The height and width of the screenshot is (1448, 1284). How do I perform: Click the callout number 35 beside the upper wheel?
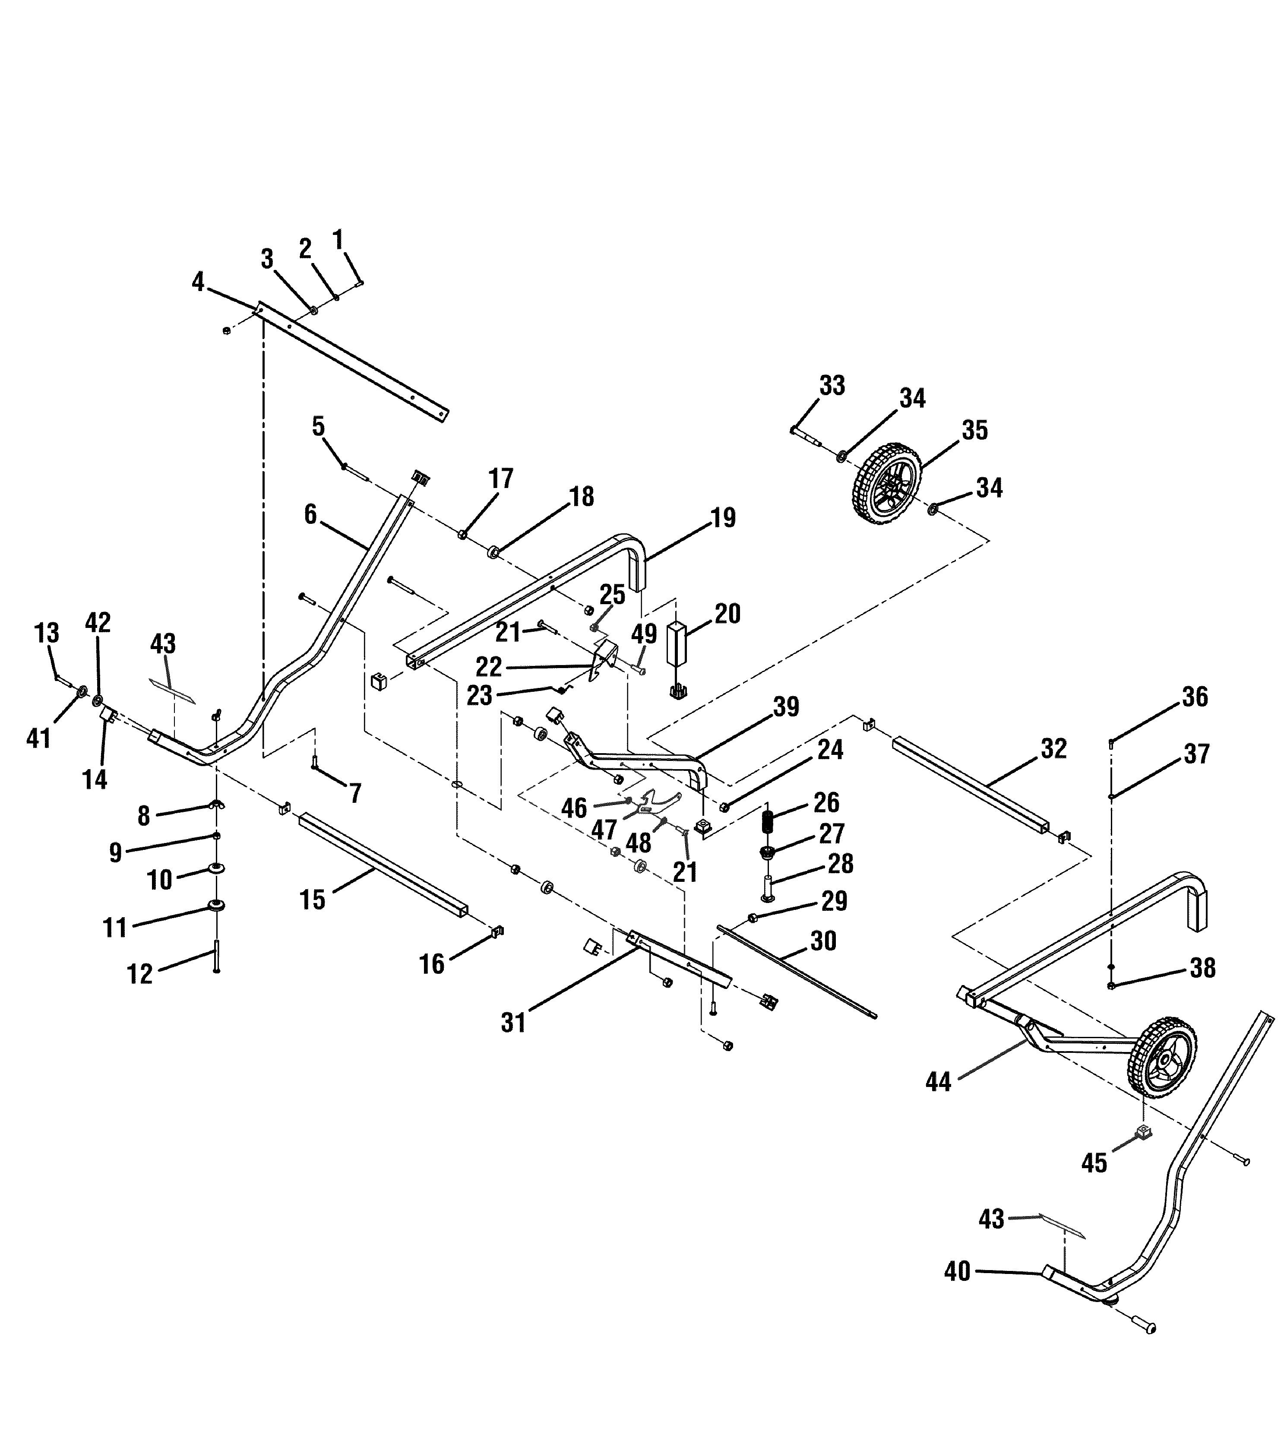point(974,430)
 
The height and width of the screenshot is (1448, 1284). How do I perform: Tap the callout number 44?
point(938,1082)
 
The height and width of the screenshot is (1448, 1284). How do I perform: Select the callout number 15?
point(312,900)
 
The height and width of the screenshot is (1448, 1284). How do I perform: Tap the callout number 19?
point(723,518)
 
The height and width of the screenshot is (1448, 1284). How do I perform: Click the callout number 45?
point(1094,1163)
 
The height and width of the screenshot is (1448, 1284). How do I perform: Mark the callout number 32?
point(1054,749)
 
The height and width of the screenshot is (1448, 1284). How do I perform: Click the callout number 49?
point(644,634)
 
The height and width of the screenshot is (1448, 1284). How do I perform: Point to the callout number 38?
point(1202,968)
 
